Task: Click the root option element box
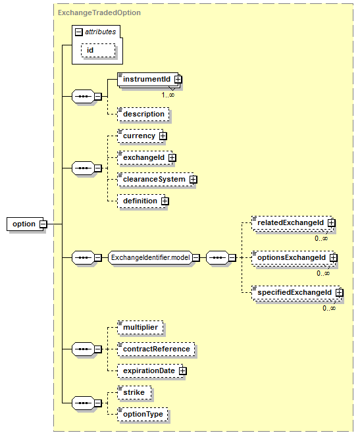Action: (x=25, y=224)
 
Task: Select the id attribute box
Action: (x=98, y=50)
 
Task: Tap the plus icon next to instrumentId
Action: (x=178, y=80)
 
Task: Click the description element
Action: (x=143, y=114)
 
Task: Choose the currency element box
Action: (x=141, y=136)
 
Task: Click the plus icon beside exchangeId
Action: (x=172, y=157)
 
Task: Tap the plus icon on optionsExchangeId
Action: (x=334, y=257)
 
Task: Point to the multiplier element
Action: (x=140, y=327)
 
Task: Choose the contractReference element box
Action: (x=156, y=349)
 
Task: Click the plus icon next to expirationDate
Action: (x=182, y=371)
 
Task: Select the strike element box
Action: (x=134, y=392)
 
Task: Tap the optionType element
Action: (x=143, y=414)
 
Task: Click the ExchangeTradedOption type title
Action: (x=99, y=13)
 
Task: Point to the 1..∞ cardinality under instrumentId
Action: (x=168, y=95)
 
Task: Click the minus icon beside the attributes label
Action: (x=79, y=32)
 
